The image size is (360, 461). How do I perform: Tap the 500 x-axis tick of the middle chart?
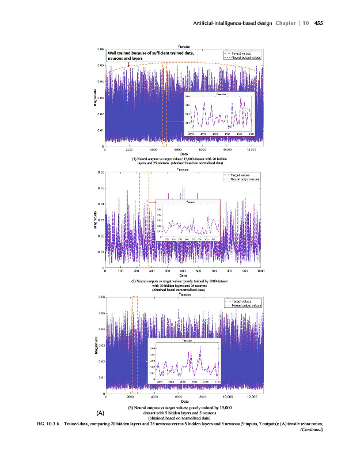coord(183,270)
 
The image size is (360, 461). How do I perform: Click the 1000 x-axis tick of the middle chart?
coord(260,270)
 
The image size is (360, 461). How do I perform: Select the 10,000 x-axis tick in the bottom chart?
coord(227,397)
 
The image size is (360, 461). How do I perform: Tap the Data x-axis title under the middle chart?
coord(183,275)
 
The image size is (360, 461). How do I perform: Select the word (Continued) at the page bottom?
coord(312,430)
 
